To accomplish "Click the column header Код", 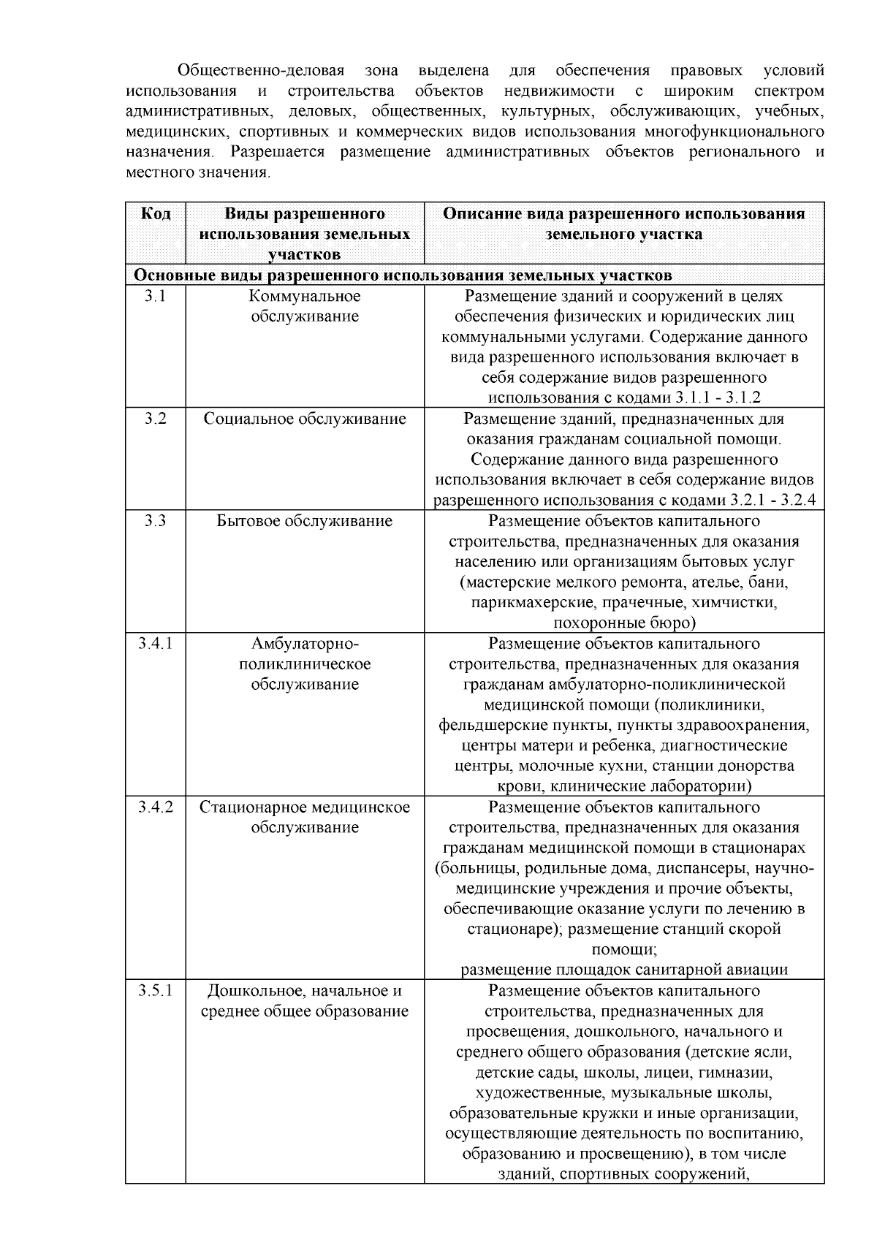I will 155,213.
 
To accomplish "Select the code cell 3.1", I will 155,296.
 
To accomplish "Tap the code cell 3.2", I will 155,419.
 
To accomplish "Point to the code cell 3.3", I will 155,521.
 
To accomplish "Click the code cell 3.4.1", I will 155,644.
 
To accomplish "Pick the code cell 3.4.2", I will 155,807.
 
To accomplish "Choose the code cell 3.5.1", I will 155,991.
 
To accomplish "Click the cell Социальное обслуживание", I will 305,419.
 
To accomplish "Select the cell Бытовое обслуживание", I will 305,521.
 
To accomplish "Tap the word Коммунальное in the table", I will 305,296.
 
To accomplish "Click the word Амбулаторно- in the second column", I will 305,644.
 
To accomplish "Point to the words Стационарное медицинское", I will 305,807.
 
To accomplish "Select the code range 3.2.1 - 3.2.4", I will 772,501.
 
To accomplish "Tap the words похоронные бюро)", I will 624,623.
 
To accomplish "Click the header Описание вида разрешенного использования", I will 624,214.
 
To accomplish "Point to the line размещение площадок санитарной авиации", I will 624,970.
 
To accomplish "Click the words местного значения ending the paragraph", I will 197,173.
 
